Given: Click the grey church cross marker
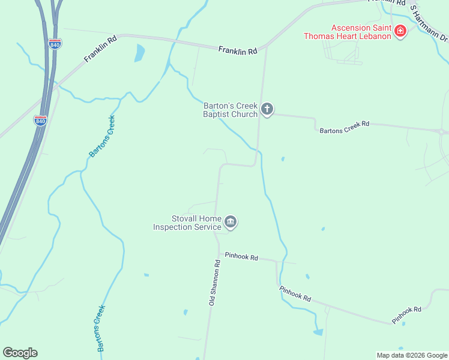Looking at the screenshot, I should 267,109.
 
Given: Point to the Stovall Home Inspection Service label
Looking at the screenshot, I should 187,223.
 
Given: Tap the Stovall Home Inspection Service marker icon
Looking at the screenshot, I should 231,223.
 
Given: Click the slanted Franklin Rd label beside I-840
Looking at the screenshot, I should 100,49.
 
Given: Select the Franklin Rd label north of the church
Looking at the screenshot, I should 238,51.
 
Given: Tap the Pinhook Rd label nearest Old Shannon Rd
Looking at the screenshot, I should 241,256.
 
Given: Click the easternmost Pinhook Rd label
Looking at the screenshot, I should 408,315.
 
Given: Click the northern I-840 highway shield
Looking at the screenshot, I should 55,44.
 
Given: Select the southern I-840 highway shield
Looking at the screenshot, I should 41,120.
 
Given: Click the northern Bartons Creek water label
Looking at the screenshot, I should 101,136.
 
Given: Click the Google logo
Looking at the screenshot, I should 20,353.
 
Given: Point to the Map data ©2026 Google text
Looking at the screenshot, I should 412,355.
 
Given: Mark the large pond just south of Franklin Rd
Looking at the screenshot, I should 140,53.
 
